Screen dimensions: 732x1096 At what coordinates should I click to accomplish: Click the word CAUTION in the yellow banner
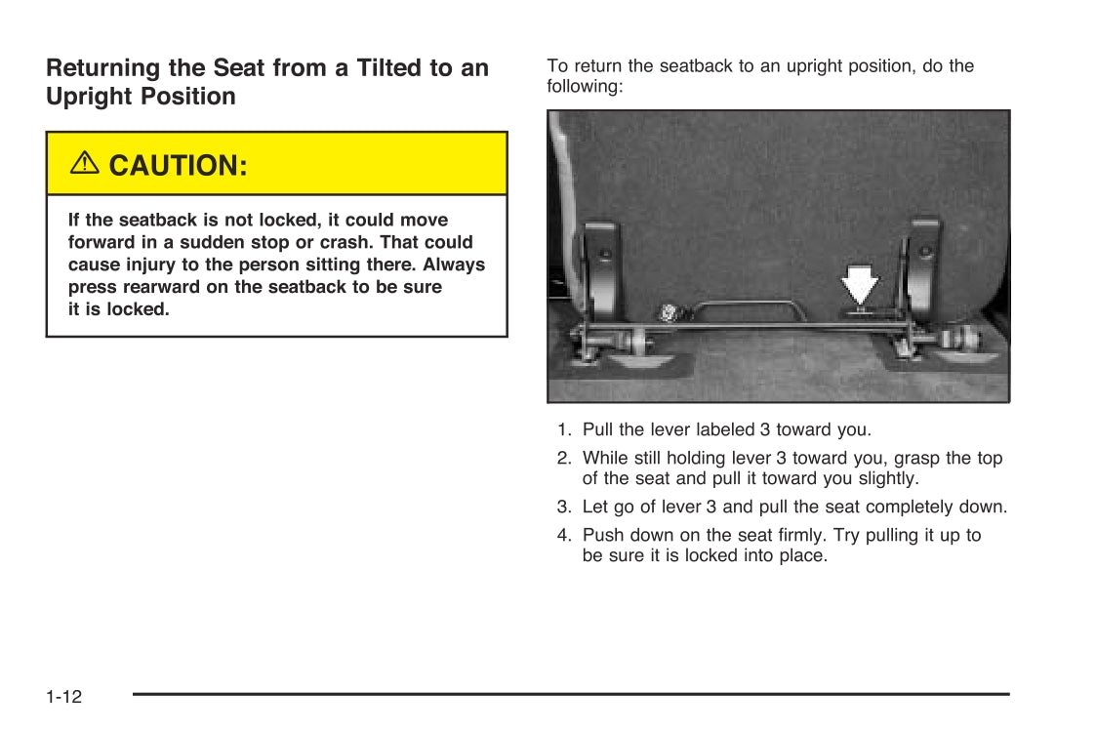[x=179, y=166]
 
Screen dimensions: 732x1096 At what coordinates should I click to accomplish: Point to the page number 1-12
[x=63, y=697]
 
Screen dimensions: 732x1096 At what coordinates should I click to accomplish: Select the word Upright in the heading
[x=89, y=97]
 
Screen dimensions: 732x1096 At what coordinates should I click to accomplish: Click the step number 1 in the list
[x=563, y=429]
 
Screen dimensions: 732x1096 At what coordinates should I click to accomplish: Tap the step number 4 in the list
[x=563, y=535]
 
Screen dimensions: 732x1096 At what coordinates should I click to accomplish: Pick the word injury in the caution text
[x=146, y=264]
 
